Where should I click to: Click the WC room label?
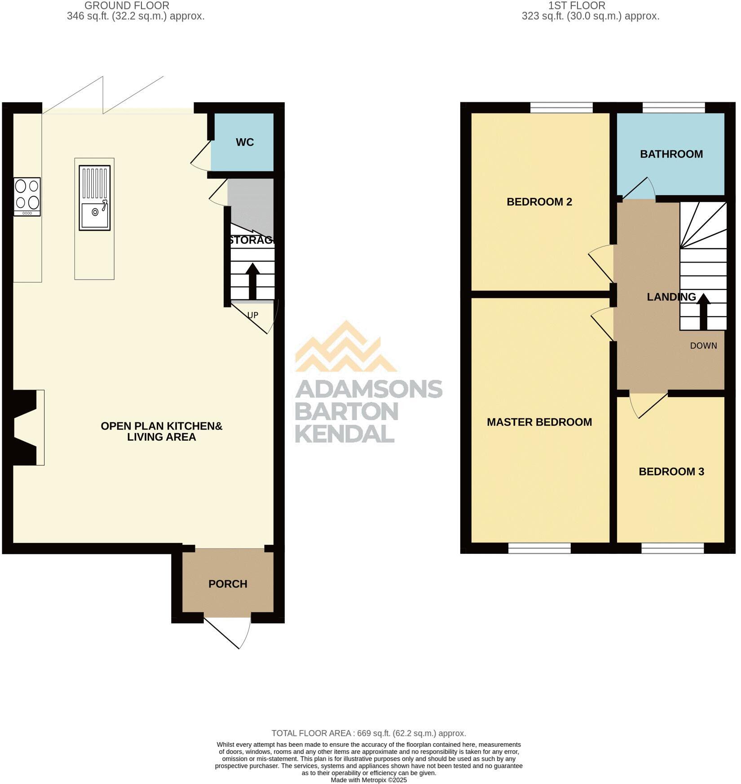click(x=245, y=142)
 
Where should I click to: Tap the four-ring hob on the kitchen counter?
click(x=27, y=197)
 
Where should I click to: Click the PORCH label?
click(x=228, y=584)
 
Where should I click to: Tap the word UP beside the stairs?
click(x=253, y=315)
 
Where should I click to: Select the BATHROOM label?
click(x=671, y=154)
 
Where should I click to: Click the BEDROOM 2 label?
click(x=539, y=202)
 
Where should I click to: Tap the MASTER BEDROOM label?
click(x=539, y=422)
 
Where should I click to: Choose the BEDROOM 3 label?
click(x=671, y=472)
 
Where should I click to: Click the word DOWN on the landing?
click(x=703, y=346)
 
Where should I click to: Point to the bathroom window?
click(x=673, y=108)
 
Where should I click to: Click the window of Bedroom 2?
click(x=561, y=108)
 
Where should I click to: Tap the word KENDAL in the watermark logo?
click(x=344, y=434)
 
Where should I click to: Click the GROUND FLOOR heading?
click(x=127, y=6)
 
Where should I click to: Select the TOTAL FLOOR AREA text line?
click(x=368, y=733)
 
